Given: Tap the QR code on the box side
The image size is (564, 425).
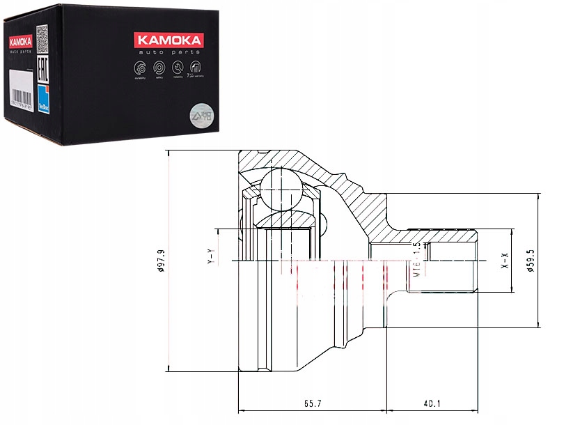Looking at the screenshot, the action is coord(41,33).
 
